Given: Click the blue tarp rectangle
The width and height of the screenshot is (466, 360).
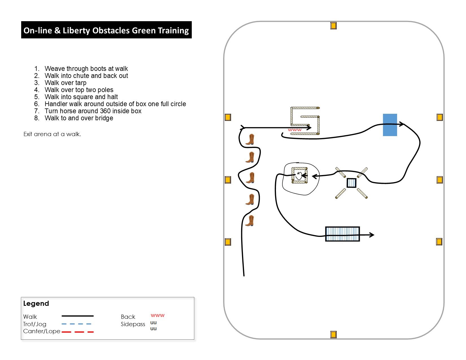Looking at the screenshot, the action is (390, 125).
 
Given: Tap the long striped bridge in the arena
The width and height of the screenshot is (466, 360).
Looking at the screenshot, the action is (342, 234).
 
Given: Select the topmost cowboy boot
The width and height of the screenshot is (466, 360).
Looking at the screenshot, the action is (250, 139).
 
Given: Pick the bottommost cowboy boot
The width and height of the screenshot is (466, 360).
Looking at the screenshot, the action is (250, 221).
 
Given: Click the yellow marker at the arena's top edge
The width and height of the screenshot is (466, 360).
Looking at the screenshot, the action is (333, 26).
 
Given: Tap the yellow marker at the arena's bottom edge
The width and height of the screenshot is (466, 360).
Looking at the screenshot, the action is (333, 334).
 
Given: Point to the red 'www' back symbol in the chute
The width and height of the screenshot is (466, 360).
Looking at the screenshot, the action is (295, 130).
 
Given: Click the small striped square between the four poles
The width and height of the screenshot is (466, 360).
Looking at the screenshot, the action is (351, 183).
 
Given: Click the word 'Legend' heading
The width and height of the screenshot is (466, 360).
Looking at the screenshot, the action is (36, 304).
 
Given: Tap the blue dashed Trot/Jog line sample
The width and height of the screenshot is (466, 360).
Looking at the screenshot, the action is (76, 324).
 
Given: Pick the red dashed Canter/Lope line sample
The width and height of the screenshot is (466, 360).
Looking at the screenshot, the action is (78, 332).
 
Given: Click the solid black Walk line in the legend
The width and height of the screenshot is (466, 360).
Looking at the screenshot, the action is (78, 316).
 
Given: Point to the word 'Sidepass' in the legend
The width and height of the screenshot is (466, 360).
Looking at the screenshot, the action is (133, 324).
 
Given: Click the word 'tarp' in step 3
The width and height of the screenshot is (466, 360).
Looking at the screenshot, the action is (81, 83).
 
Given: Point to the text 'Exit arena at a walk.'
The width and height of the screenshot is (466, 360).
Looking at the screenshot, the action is (52, 134).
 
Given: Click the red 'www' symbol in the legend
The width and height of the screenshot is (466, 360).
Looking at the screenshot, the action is (157, 315).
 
